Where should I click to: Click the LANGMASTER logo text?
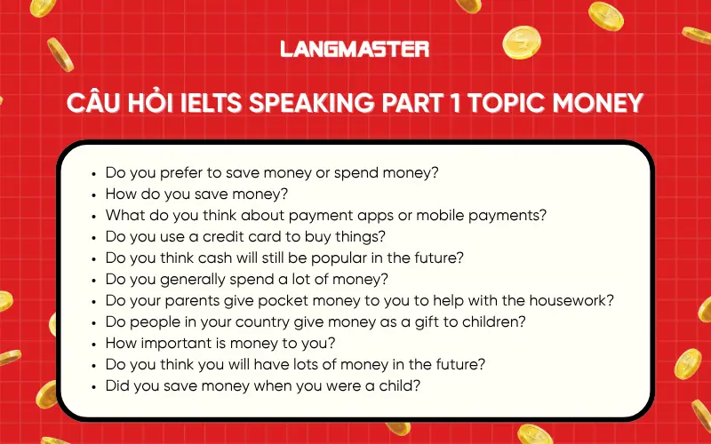pos(355,49)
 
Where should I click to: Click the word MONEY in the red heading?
pos(599,104)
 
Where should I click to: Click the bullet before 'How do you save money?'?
pos(94,194)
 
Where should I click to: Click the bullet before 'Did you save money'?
pos(94,386)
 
